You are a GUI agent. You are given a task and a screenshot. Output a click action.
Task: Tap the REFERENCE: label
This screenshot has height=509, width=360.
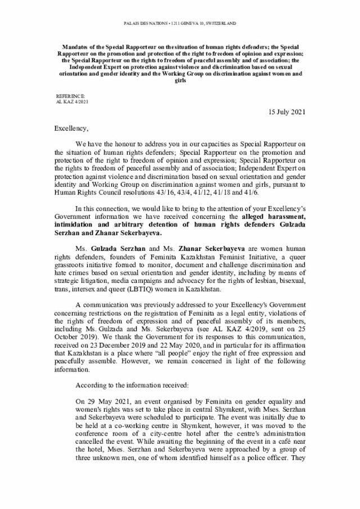click(x=71, y=96)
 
